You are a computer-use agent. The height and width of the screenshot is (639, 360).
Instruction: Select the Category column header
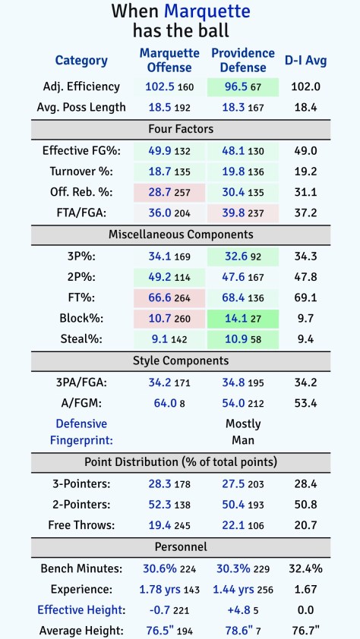tap(81, 60)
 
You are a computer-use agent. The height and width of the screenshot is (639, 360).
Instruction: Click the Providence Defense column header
tap(243, 60)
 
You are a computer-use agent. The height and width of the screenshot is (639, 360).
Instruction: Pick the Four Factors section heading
tap(181, 129)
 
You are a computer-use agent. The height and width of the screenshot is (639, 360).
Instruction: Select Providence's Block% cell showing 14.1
tap(243, 317)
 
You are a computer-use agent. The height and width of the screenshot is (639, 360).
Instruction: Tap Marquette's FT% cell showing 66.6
tap(169, 297)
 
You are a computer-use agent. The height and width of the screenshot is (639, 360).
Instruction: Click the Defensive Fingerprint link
tap(81, 431)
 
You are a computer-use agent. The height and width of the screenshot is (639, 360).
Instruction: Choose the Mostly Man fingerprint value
tap(243, 431)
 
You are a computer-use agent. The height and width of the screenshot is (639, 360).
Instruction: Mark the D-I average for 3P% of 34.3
tap(305, 256)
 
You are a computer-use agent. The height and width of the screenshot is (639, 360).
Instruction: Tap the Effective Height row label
tap(81, 609)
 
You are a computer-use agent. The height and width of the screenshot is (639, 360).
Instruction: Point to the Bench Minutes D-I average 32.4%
tap(305, 567)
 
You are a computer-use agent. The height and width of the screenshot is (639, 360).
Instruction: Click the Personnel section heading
tap(181, 546)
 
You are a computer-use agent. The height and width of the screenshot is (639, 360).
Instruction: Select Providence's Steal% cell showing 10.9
tap(243, 338)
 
